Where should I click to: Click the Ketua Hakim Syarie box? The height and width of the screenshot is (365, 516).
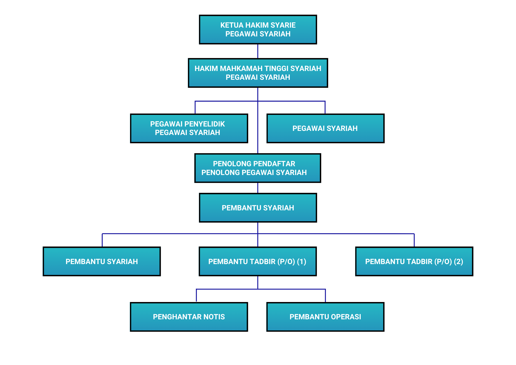click(258, 29)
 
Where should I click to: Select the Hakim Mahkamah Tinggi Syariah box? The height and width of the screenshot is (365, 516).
click(258, 73)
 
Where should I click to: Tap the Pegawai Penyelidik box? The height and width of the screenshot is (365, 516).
click(189, 128)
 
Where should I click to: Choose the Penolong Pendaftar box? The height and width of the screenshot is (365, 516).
click(257, 168)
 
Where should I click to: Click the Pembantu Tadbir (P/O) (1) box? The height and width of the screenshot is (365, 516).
click(257, 261)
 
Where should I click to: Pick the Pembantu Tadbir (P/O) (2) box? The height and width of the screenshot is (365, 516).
click(414, 261)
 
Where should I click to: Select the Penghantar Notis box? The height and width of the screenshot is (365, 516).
click(189, 317)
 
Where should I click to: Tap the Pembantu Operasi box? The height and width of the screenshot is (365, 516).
click(325, 317)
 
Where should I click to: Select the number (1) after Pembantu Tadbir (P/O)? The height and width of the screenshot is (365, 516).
click(301, 261)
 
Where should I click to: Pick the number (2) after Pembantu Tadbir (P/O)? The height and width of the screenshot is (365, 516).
click(458, 261)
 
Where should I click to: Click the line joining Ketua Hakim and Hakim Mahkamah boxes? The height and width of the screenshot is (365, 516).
click(258, 51)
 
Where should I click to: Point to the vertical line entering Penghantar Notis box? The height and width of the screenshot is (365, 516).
click(196, 296)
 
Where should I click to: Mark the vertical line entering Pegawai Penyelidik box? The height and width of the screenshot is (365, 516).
click(195, 107)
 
